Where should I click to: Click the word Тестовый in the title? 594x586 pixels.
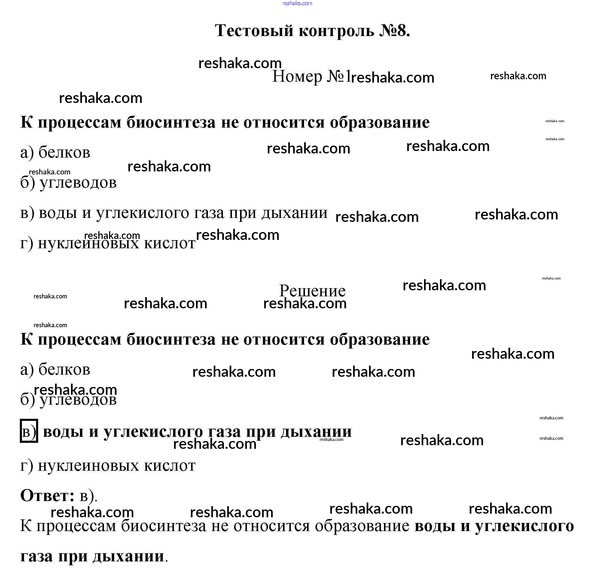tap(254, 31)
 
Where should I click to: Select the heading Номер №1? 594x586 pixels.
tap(311, 77)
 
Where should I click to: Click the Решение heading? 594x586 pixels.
tap(312, 291)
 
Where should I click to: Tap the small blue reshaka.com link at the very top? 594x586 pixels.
tap(297, 3)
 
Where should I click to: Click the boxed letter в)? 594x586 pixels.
tap(29, 431)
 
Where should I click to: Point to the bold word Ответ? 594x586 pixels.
tap(47, 496)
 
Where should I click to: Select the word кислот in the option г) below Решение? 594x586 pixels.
tap(170, 466)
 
